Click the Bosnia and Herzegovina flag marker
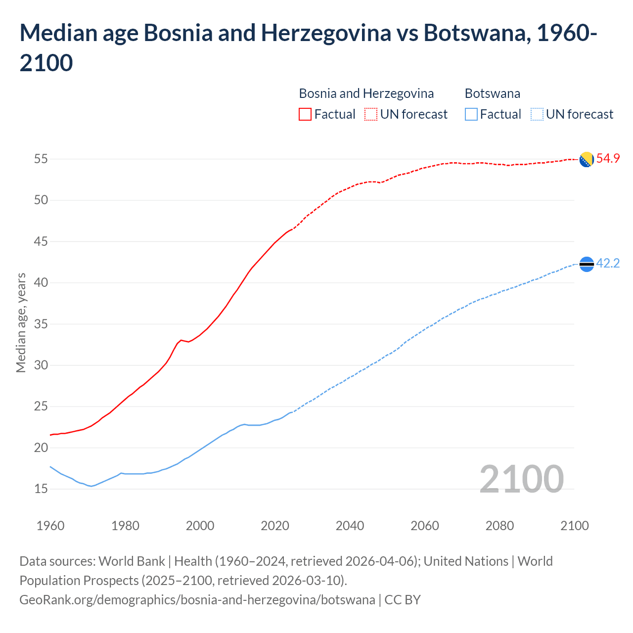click(587, 160)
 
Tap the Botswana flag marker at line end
click(587, 265)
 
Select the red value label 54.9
click(608, 159)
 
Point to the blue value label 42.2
click(608, 264)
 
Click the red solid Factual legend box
click(305, 114)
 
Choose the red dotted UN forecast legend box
click(371, 114)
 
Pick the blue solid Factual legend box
click(471, 114)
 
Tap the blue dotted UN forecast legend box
click(537, 114)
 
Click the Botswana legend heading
click(492, 93)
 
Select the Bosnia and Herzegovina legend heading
click(366, 93)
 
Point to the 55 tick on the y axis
click(41, 159)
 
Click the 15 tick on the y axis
click(41, 489)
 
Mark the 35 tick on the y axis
click(41, 324)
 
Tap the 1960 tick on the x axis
click(50, 526)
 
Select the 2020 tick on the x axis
click(275, 526)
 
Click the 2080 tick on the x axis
click(499, 526)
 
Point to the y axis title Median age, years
click(21, 322)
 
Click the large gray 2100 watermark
click(521, 479)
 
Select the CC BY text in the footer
click(403, 600)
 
